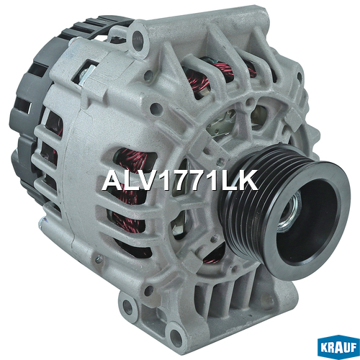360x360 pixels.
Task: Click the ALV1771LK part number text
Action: coord(180,181)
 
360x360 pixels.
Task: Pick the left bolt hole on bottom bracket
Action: coord(127,307)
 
